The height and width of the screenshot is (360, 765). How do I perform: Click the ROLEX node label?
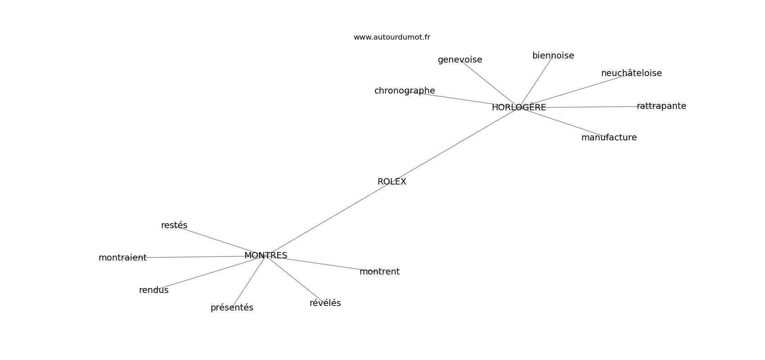pyautogui.click(x=391, y=182)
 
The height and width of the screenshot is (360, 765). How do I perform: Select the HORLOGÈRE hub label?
pyautogui.click(x=518, y=108)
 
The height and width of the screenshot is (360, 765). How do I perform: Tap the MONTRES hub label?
pyautogui.click(x=265, y=256)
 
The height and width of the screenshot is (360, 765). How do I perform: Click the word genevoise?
pyautogui.click(x=459, y=60)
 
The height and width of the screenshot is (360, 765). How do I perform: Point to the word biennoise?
pyautogui.click(x=553, y=56)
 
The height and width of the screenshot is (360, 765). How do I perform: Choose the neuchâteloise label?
pyautogui.click(x=631, y=73)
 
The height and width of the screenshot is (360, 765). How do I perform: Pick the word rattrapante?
pyautogui.click(x=661, y=106)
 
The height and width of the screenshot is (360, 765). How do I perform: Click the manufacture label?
pyautogui.click(x=608, y=138)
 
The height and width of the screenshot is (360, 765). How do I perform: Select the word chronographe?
pyautogui.click(x=404, y=91)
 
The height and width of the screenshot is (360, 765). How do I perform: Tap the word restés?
pyautogui.click(x=174, y=225)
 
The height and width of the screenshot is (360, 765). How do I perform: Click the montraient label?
pyautogui.click(x=122, y=258)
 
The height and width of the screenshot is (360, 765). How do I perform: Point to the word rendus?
pyautogui.click(x=153, y=290)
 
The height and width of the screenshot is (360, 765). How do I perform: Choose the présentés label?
pyautogui.click(x=232, y=308)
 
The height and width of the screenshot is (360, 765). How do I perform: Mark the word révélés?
pyautogui.click(x=325, y=303)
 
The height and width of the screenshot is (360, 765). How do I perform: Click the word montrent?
pyautogui.click(x=379, y=272)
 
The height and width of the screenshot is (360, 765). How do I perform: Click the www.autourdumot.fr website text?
pyautogui.click(x=391, y=37)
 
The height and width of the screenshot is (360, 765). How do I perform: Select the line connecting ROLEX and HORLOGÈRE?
pyautogui.click(x=454, y=145)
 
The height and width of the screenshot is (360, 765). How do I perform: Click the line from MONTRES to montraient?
pyautogui.click(x=198, y=257)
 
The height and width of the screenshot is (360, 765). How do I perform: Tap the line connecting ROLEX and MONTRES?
pyautogui.click(x=328, y=219)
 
